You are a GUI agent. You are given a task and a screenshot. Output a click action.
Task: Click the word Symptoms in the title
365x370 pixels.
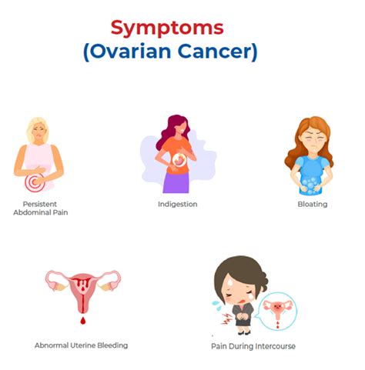tap(167, 28)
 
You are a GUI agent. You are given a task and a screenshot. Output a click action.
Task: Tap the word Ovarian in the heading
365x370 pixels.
tap(129, 51)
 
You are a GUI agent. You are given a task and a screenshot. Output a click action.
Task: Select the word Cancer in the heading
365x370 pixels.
tap(215, 51)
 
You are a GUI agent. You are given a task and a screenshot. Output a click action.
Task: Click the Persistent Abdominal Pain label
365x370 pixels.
tap(41, 208)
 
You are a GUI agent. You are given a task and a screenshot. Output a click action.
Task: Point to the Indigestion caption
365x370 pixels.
tap(178, 204)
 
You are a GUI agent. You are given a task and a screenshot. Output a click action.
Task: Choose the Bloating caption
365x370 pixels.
tap(313, 204)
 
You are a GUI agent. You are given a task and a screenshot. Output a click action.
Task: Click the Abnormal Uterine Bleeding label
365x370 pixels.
tap(81, 345)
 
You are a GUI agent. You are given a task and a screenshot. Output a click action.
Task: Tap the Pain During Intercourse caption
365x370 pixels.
tap(253, 346)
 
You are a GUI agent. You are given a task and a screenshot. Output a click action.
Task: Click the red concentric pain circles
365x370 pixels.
tap(35, 182)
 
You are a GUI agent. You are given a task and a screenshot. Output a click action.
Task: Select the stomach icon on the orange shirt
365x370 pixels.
tap(179, 160)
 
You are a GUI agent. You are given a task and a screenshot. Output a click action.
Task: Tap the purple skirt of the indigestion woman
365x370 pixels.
tap(176, 183)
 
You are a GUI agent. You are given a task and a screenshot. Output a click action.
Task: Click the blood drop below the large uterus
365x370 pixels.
tap(82, 320)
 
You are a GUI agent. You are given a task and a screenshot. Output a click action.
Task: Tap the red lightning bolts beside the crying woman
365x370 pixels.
tap(226, 318)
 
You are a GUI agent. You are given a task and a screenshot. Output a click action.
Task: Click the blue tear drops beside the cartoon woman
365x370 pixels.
tap(217, 305)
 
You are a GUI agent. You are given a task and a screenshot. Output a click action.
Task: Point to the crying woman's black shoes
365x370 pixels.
tap(244, 333)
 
